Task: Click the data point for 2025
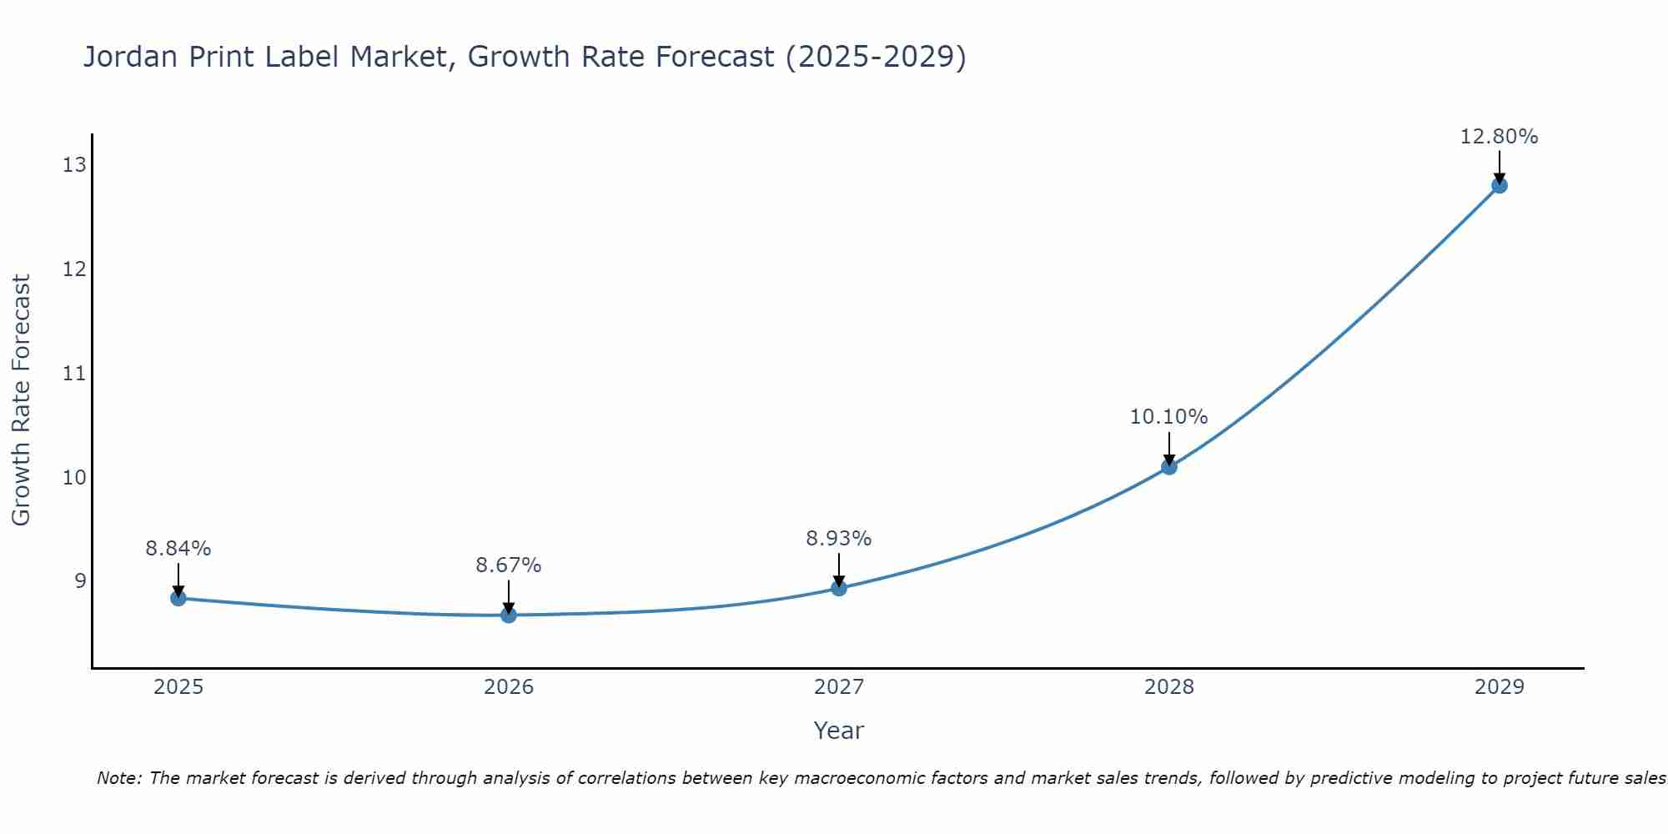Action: (178, 598)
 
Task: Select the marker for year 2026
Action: (509, 615)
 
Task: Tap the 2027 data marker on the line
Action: (839, 588)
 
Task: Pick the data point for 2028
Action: (1169, 467)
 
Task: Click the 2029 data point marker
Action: (1500, 185)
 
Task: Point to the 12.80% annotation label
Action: (1499, 137)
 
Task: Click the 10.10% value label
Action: (1168, 417)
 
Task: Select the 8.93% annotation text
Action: (838, 539)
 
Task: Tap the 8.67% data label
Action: (508, 565)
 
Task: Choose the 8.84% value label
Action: (178, 549)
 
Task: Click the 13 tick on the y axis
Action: (74, 165)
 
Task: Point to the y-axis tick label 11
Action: (74, 373)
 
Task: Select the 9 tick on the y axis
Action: (80, 580)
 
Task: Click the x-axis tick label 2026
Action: (509, 687)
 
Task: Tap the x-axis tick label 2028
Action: (1169, 687)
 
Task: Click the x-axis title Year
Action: (838, 731)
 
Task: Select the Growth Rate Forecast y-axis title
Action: (21, 400)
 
